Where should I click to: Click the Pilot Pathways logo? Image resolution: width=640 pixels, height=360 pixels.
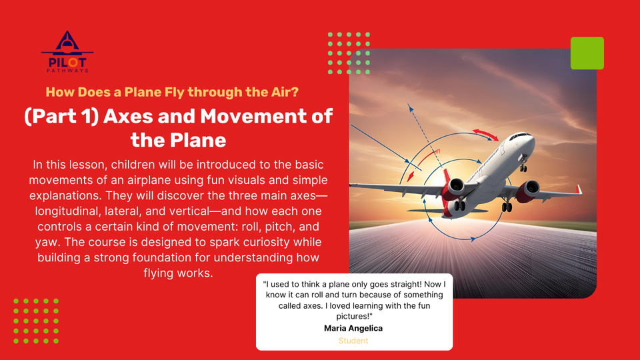pos(67,52)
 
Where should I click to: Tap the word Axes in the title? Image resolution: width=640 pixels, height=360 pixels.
pos(127,116)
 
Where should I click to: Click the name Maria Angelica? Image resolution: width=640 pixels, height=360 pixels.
pos(353,328)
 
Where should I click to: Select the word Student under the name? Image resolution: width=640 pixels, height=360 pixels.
pos(353,341)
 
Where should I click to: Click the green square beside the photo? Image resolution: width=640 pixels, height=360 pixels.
pos(587,53)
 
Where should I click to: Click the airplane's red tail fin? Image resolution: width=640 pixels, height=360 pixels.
pos(447,177)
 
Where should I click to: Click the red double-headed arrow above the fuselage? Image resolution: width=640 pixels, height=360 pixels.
pos(485,135)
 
